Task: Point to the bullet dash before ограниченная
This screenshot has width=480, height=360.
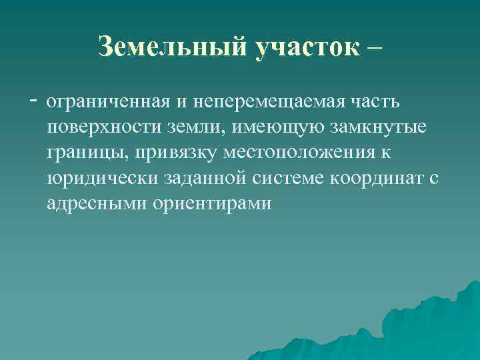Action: [x=34, y=101]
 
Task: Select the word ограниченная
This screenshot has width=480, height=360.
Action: [x=109, y=103]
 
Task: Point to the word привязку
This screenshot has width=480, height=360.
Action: [x=176, y=153]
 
